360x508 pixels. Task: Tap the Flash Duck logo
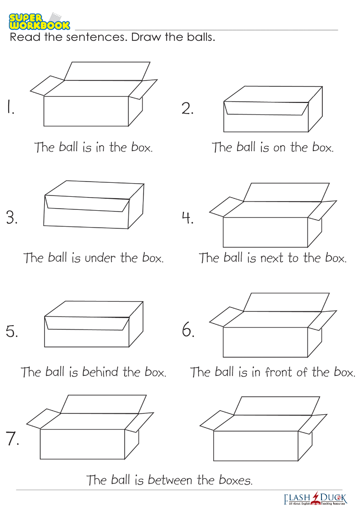click(x=315, y=498)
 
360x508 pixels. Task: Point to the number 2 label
click(x=187, y=108)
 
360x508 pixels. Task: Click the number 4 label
click(x=188, y=217)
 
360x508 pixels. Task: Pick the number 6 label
click(x=188, y=330)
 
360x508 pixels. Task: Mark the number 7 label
click(x=13, y=439)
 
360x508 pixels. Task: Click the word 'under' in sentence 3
click(x=100, y=258)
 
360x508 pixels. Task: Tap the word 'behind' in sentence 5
click(x=100, y=372)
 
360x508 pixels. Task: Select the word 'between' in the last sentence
click(x=170, y=480)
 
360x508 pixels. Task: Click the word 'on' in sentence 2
click(x=279, y=148)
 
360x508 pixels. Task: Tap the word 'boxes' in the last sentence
click(x=235, y=480)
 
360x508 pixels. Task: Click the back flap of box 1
click(x=107, y=71)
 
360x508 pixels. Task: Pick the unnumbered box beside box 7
click(x=263, y=428)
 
